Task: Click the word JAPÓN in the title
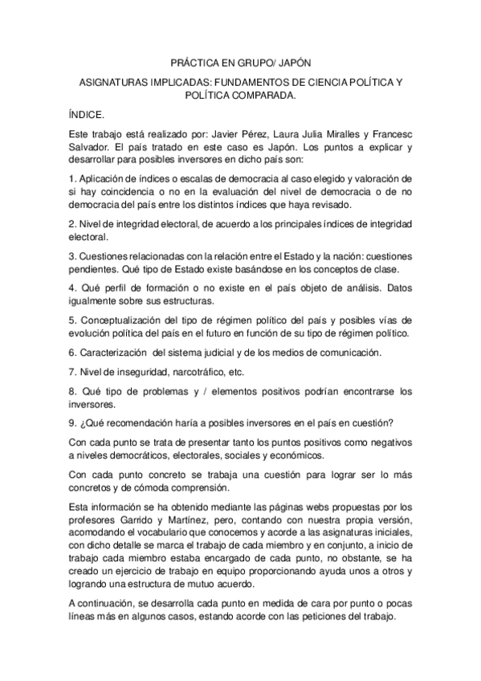(x=288, y=62)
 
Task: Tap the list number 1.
(x=71, y=177)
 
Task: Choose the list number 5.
(x=71, y=320)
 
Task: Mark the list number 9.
(x=71, y=424)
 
